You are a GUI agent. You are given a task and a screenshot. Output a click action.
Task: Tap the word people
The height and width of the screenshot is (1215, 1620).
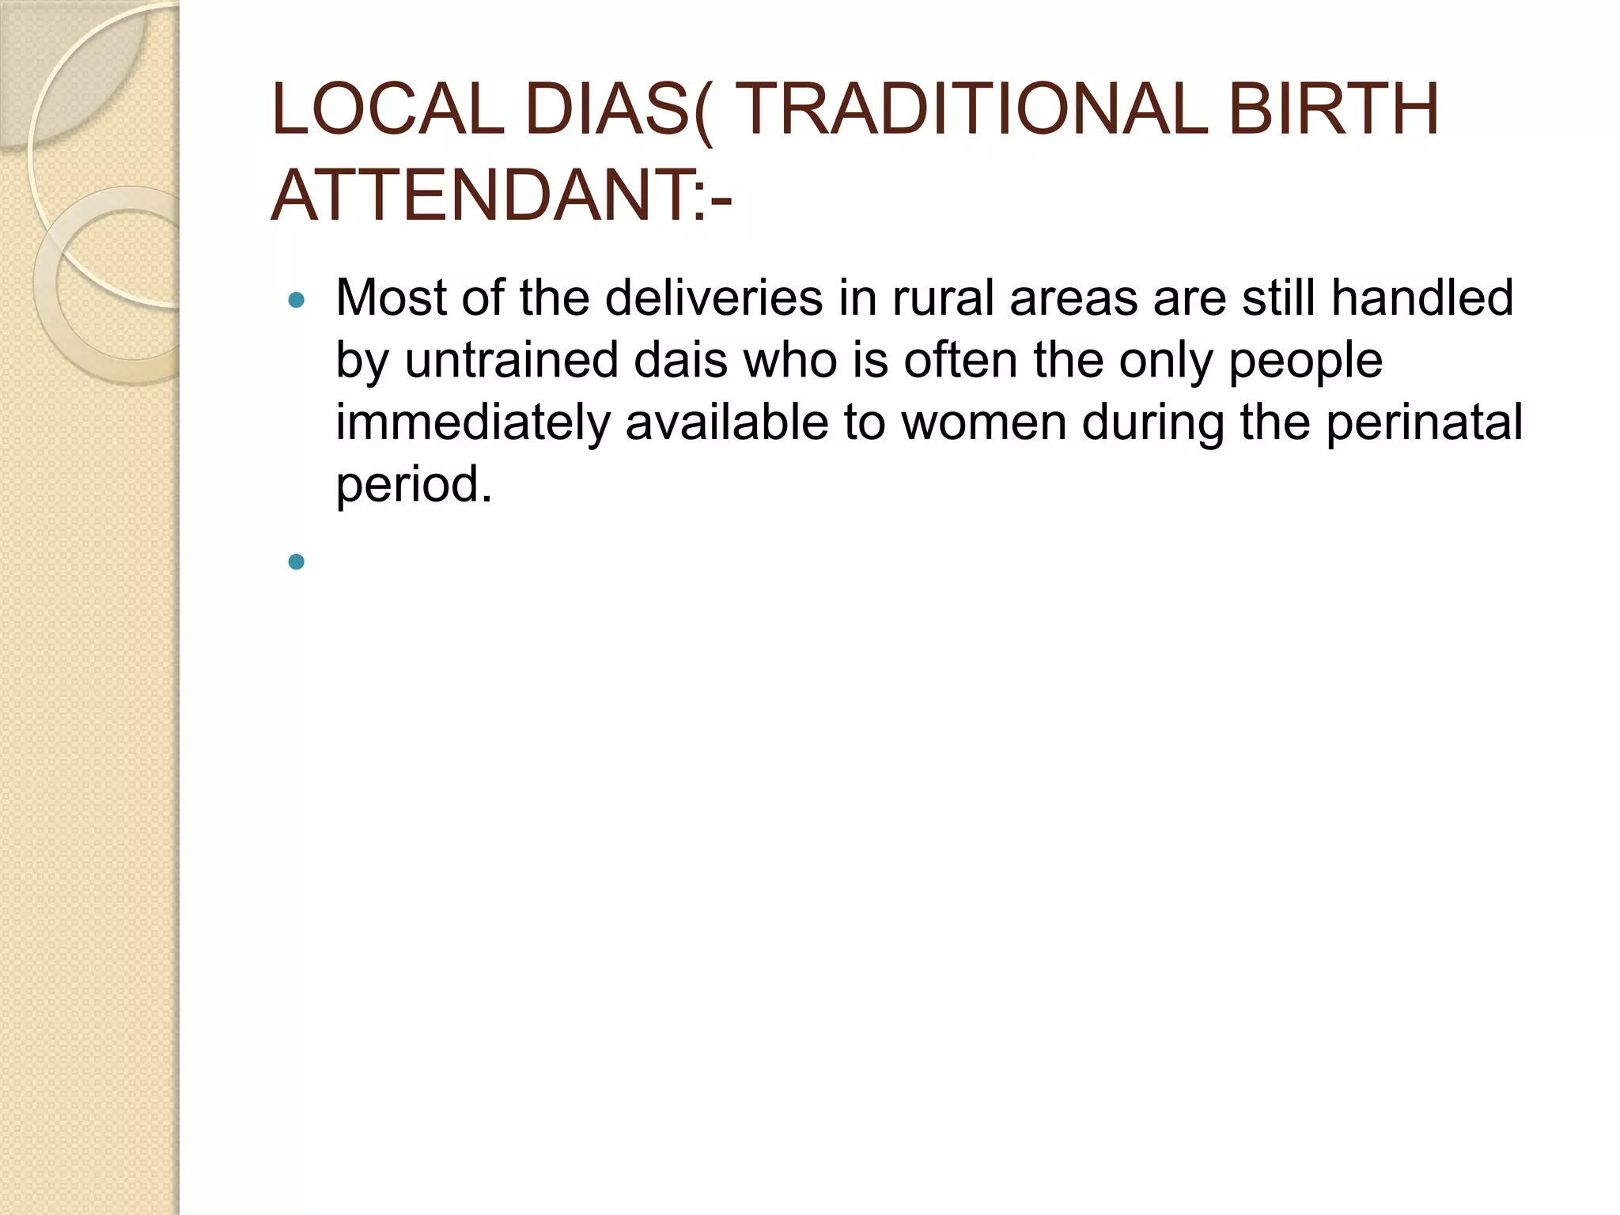(1305, 362)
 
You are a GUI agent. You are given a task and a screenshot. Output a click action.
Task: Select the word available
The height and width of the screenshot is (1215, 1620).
(727, 422)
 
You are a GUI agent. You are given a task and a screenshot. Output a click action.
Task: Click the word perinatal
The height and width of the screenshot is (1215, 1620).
(1424, 422)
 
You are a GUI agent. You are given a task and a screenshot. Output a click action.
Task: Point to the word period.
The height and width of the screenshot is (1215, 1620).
(414, 484)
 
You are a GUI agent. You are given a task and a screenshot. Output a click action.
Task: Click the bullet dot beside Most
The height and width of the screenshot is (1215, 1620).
(297, 301)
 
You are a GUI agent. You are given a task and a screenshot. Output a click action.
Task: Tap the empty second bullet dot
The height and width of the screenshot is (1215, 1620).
(297, 562)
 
